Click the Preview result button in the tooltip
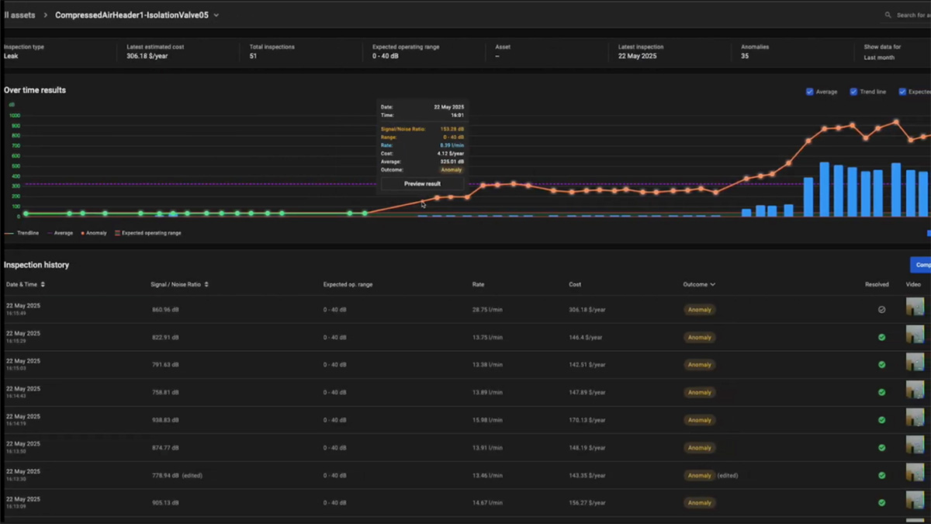(422, 184)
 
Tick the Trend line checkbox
(854, 92)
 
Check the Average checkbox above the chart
(810, 92)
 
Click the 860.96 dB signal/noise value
(165, 310)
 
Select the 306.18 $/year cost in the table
(586, 310)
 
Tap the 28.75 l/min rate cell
(487, 310)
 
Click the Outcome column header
(698, 285)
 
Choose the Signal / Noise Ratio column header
(179, 285)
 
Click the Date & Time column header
(25, 285)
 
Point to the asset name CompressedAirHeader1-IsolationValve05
(132, 15)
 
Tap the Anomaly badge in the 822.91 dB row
(699, 338)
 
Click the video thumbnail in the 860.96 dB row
(915, 307)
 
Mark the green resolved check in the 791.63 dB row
(881, 365)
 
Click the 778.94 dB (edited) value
(177, 475)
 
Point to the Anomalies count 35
(745, 57)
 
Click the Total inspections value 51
(254, 57)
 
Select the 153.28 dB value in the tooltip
(452, 129)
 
